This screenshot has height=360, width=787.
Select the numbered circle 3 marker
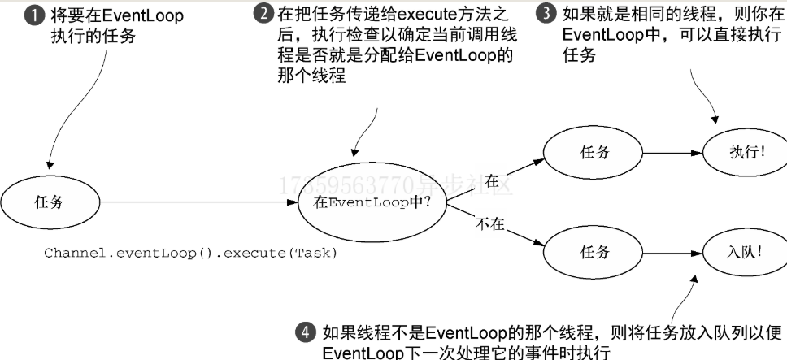coord(549,15)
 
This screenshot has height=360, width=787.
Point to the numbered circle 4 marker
coord(304,332)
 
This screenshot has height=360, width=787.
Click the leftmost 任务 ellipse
coord(48,202)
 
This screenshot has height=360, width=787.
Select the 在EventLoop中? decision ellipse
coord(372,202)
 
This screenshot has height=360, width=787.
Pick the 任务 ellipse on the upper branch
coord(595,153)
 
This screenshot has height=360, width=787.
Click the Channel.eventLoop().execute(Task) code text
coord(191,253)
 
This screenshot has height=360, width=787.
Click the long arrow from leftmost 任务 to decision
coord(195,202)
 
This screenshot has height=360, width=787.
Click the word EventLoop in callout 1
coord(143,16)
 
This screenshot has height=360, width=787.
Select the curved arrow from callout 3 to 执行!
coord(705,98)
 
